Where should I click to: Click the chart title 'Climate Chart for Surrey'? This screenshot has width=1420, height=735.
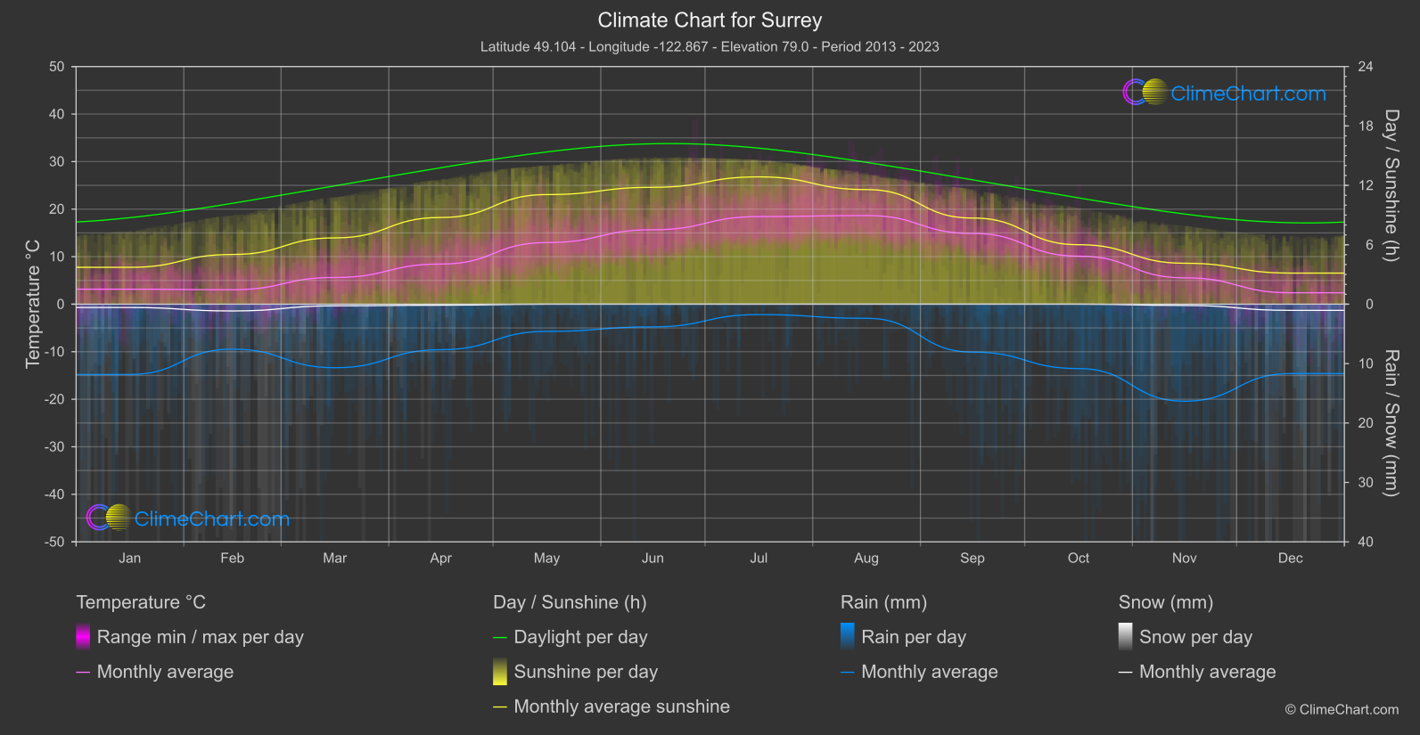click(710, 20)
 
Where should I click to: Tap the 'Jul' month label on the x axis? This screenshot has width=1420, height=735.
click(759, 558)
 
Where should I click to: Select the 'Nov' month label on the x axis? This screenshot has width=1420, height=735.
click(1184, 558)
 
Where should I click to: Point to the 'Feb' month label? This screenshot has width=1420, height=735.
click(232, 558)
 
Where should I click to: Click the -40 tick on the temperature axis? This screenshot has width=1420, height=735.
click(55, 494)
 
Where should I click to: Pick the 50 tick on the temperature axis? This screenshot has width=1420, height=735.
click(57, 67)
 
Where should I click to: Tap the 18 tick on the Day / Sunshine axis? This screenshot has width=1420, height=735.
click(1366, 127)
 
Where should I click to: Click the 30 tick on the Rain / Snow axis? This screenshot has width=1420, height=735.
click(1366, 483)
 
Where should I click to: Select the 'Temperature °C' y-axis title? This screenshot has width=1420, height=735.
click(33, 304)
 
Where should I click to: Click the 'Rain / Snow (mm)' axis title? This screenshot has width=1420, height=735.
click(1391, 423)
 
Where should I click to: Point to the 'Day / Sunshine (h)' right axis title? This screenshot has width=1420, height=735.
click(1391, 185)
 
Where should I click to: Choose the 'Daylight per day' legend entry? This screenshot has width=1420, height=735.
click(580, 637)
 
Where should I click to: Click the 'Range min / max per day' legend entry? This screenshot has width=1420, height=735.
click(200, 637)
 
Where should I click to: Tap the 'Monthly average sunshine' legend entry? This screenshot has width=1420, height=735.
click(621, 706)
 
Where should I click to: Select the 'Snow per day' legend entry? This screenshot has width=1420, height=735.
click(1195, 637)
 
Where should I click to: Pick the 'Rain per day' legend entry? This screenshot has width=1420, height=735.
click(913, 637)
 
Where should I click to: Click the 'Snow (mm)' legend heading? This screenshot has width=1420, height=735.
click(1165, 602)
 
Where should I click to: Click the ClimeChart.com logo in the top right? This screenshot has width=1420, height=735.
click(1225, 93)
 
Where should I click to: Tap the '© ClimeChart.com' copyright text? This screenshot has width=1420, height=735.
click(1342, 710)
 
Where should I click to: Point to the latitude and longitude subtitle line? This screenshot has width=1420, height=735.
click(710, 46)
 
